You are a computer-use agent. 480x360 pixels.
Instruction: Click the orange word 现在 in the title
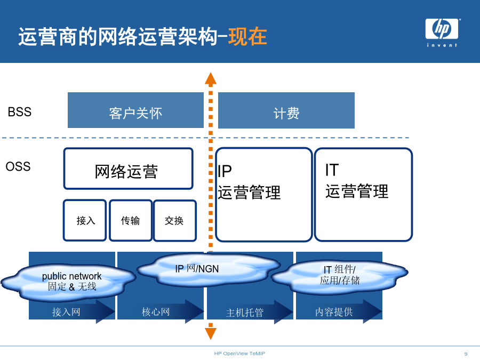point(247,37)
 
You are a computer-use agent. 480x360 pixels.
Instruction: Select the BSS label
point(20,112)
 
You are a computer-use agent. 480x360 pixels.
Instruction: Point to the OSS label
point(18,166)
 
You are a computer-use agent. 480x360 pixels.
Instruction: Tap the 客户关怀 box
point(135,110)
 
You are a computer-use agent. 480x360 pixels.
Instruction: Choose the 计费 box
point(286,110)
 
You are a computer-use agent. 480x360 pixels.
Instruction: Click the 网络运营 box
point(128,169)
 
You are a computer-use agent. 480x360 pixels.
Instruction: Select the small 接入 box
point(85,220)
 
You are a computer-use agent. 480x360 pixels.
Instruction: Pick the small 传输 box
point(131,220)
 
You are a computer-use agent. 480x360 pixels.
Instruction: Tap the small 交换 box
point(174,220)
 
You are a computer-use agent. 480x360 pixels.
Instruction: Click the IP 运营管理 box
point(263,195)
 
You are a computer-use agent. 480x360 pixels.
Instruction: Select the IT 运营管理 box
point(363,195)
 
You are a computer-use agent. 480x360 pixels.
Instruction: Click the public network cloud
point(69,282)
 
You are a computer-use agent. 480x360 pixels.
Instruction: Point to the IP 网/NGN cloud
point(208,269)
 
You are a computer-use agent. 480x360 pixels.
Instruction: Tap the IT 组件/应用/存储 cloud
point(340,276)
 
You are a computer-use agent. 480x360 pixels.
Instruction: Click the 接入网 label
point(66,312)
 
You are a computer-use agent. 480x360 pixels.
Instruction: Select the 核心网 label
point(156,312)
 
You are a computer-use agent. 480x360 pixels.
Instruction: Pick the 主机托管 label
point(245,313)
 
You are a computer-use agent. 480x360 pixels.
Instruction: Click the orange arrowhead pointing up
point(211,78)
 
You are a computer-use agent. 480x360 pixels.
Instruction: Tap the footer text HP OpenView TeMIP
point(239,354)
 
